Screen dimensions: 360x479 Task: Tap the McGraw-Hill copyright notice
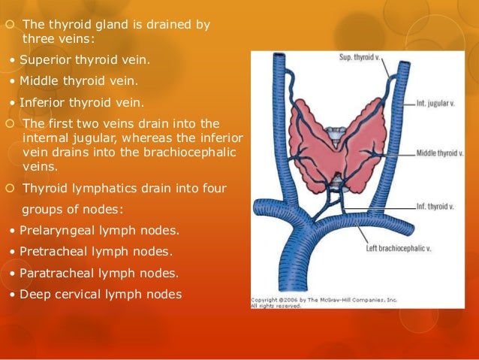tap(323, 302)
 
